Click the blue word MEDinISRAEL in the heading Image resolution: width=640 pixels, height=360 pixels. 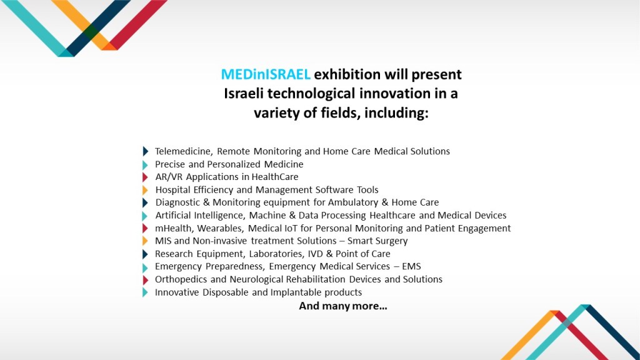click(x=266, y=74)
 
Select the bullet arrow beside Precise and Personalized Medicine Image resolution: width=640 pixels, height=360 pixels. click(x=145, y=164)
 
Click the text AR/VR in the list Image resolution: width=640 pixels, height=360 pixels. click(x=169, y=177)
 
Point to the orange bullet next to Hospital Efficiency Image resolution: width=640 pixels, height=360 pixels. click(x=145, y=190)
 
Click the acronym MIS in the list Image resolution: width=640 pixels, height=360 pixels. click(x=163, y=241)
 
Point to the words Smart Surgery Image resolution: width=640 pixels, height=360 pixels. click(x=377, y=241)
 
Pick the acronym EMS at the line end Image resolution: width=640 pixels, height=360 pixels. click(x=411, y=266)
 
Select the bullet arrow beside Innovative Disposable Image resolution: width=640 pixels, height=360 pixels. click(x=145, y=292)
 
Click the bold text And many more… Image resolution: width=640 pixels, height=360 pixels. click(x=343, y=306)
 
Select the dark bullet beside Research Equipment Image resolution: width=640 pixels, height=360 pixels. click(x=145, y=254)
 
